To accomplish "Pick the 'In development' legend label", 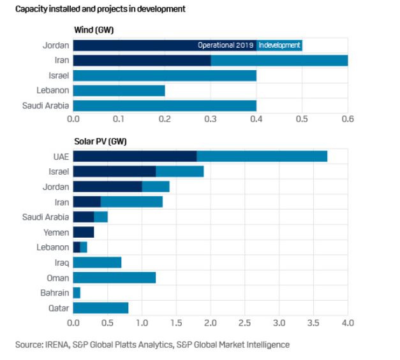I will (x=279, y=45).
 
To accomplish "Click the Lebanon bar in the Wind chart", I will (x=119, y=90).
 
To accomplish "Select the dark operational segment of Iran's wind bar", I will (x=142, y=61).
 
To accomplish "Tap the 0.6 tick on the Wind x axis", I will (x=348, y=119).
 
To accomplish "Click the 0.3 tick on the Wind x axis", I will (x=211, y=119).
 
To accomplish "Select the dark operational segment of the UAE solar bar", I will (x=135, y=156).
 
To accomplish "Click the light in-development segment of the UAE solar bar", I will (x=262, y=156).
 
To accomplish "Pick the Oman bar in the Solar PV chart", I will (x=114, y=278).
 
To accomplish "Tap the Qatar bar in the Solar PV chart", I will (x=101, y=308).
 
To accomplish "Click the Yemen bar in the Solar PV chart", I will (x=84, y=232).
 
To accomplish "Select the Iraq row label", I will (x=61, y=263).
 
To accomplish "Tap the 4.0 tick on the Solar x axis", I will (x=348, y=322).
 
